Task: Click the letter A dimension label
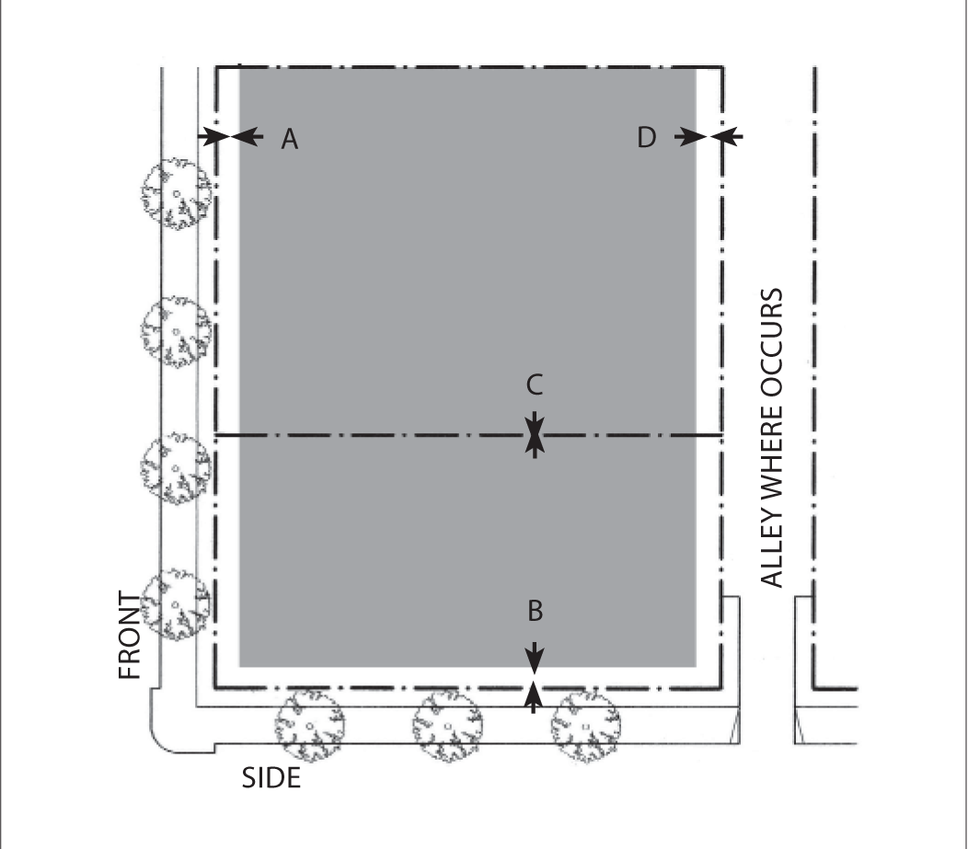(290, 138)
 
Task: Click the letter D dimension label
(647, 137)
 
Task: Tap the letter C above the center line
(535, 384)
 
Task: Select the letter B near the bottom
(535, 609)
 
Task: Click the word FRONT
(131, 635)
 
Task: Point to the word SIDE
(271, 778)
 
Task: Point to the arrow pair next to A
(228, 136)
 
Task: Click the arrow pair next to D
(709, 136)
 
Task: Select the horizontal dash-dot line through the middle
(368, 434)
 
